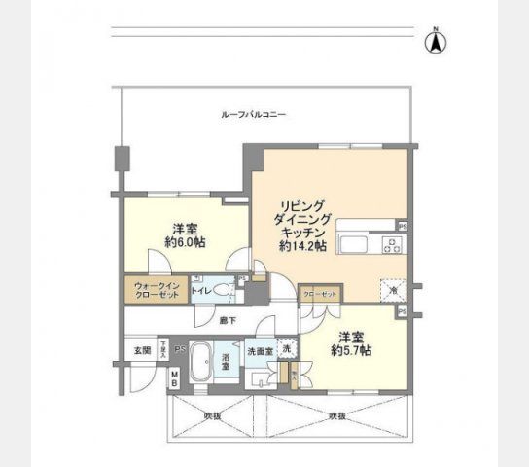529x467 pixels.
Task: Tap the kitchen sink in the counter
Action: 355,242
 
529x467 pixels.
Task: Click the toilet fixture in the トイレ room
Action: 222,291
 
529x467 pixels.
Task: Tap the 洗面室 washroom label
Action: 258,351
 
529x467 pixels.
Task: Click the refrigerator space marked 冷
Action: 394,289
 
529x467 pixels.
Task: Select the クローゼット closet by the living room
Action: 318,293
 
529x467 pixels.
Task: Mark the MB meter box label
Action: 174,377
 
